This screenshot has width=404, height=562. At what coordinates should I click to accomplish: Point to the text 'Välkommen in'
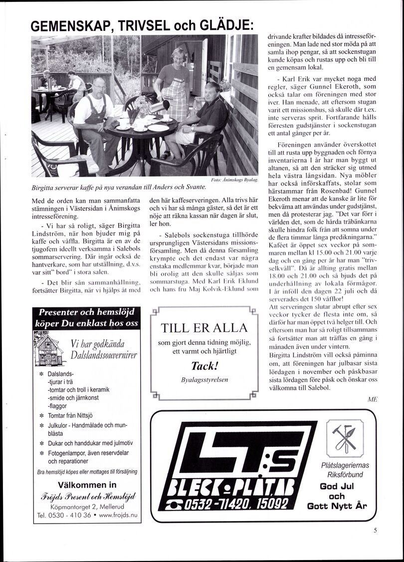tap(88, 485)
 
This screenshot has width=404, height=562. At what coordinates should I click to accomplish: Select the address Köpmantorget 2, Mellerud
tap(87, 506)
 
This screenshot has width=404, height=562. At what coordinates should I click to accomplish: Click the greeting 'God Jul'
tap(337, 486)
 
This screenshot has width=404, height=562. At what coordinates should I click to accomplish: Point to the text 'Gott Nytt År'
tap(337, 505)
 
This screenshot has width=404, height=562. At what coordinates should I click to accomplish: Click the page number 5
tap(375, 531)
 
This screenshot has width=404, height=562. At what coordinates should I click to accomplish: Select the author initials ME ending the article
tap(372, 399)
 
